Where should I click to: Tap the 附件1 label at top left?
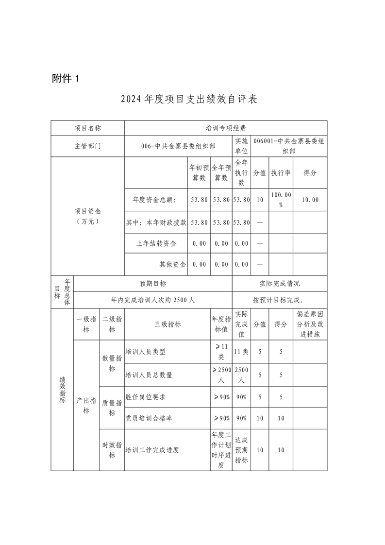(x=65, y=78)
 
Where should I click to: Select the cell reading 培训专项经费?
(x=225, y=128)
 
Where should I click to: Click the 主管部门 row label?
(x=88, y=146)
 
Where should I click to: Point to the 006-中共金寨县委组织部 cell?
(x=178, y=146)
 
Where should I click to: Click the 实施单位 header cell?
(x=241, y=146)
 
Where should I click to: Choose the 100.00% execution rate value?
(x=281, y=199)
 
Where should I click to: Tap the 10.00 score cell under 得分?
(x=310, y=199)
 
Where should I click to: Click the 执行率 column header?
(x=281, y=172)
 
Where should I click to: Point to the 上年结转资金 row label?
(x=156, y=243)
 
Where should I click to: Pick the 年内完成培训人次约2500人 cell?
(x=153, y=300)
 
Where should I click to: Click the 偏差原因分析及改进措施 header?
(x=310, y=324)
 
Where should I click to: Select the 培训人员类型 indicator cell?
(x=146, y=352)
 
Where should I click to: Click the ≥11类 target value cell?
(x=221, y=352)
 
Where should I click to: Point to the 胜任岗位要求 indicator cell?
(x=146, y=397)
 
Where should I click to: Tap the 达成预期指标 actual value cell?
(x=241, y=450)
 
